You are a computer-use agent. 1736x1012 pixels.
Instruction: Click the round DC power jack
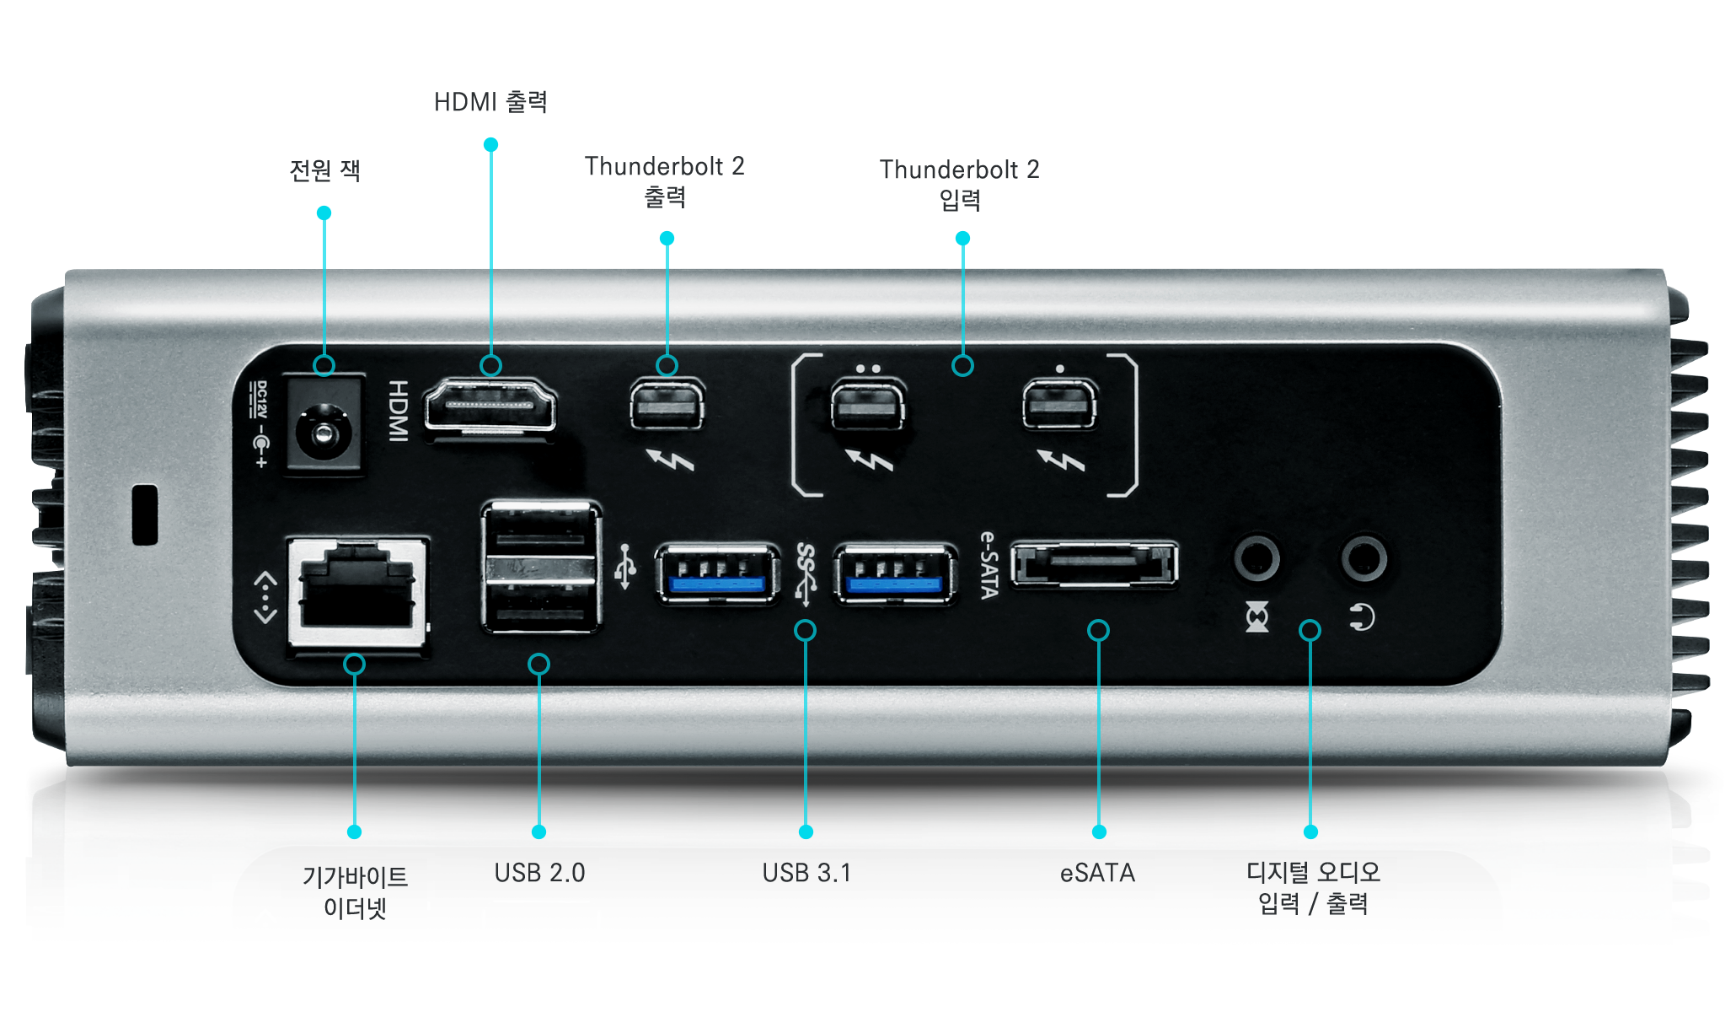(x=324, y=433)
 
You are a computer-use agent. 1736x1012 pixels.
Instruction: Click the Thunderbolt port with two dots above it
(x=868, y=406)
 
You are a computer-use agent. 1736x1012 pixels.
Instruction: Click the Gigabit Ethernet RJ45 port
(x=357, y=592)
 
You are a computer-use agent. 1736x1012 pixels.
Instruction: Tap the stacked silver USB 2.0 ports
(x=541, y=567)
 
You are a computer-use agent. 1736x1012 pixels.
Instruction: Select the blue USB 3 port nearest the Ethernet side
(x=717, y=574)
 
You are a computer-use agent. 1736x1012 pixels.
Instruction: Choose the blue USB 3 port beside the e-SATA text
(x=895, y=574)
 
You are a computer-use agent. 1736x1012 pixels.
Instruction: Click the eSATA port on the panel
(x=1094, y=564)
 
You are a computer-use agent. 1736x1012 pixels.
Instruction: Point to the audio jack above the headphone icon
(x=1364, y=558)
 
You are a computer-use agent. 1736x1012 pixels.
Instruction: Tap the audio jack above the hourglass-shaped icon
(x=1256, y=558)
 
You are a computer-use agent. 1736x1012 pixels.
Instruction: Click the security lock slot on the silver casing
(x=145, y=514)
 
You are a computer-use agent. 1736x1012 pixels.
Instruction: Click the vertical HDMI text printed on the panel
(x=398, y=410)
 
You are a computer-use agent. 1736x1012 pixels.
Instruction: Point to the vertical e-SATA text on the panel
(x=989, y=565)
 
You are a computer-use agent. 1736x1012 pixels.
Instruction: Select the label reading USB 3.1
(x=806, y=873)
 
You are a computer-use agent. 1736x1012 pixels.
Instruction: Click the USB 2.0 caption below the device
(x=539, y=873)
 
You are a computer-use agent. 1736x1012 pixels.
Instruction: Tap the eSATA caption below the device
(x=1097, y=873)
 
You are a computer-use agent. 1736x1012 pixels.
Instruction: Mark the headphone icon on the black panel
(x=1362, y=617)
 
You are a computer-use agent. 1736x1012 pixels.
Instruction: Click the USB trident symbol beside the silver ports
(x=625, y=567)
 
